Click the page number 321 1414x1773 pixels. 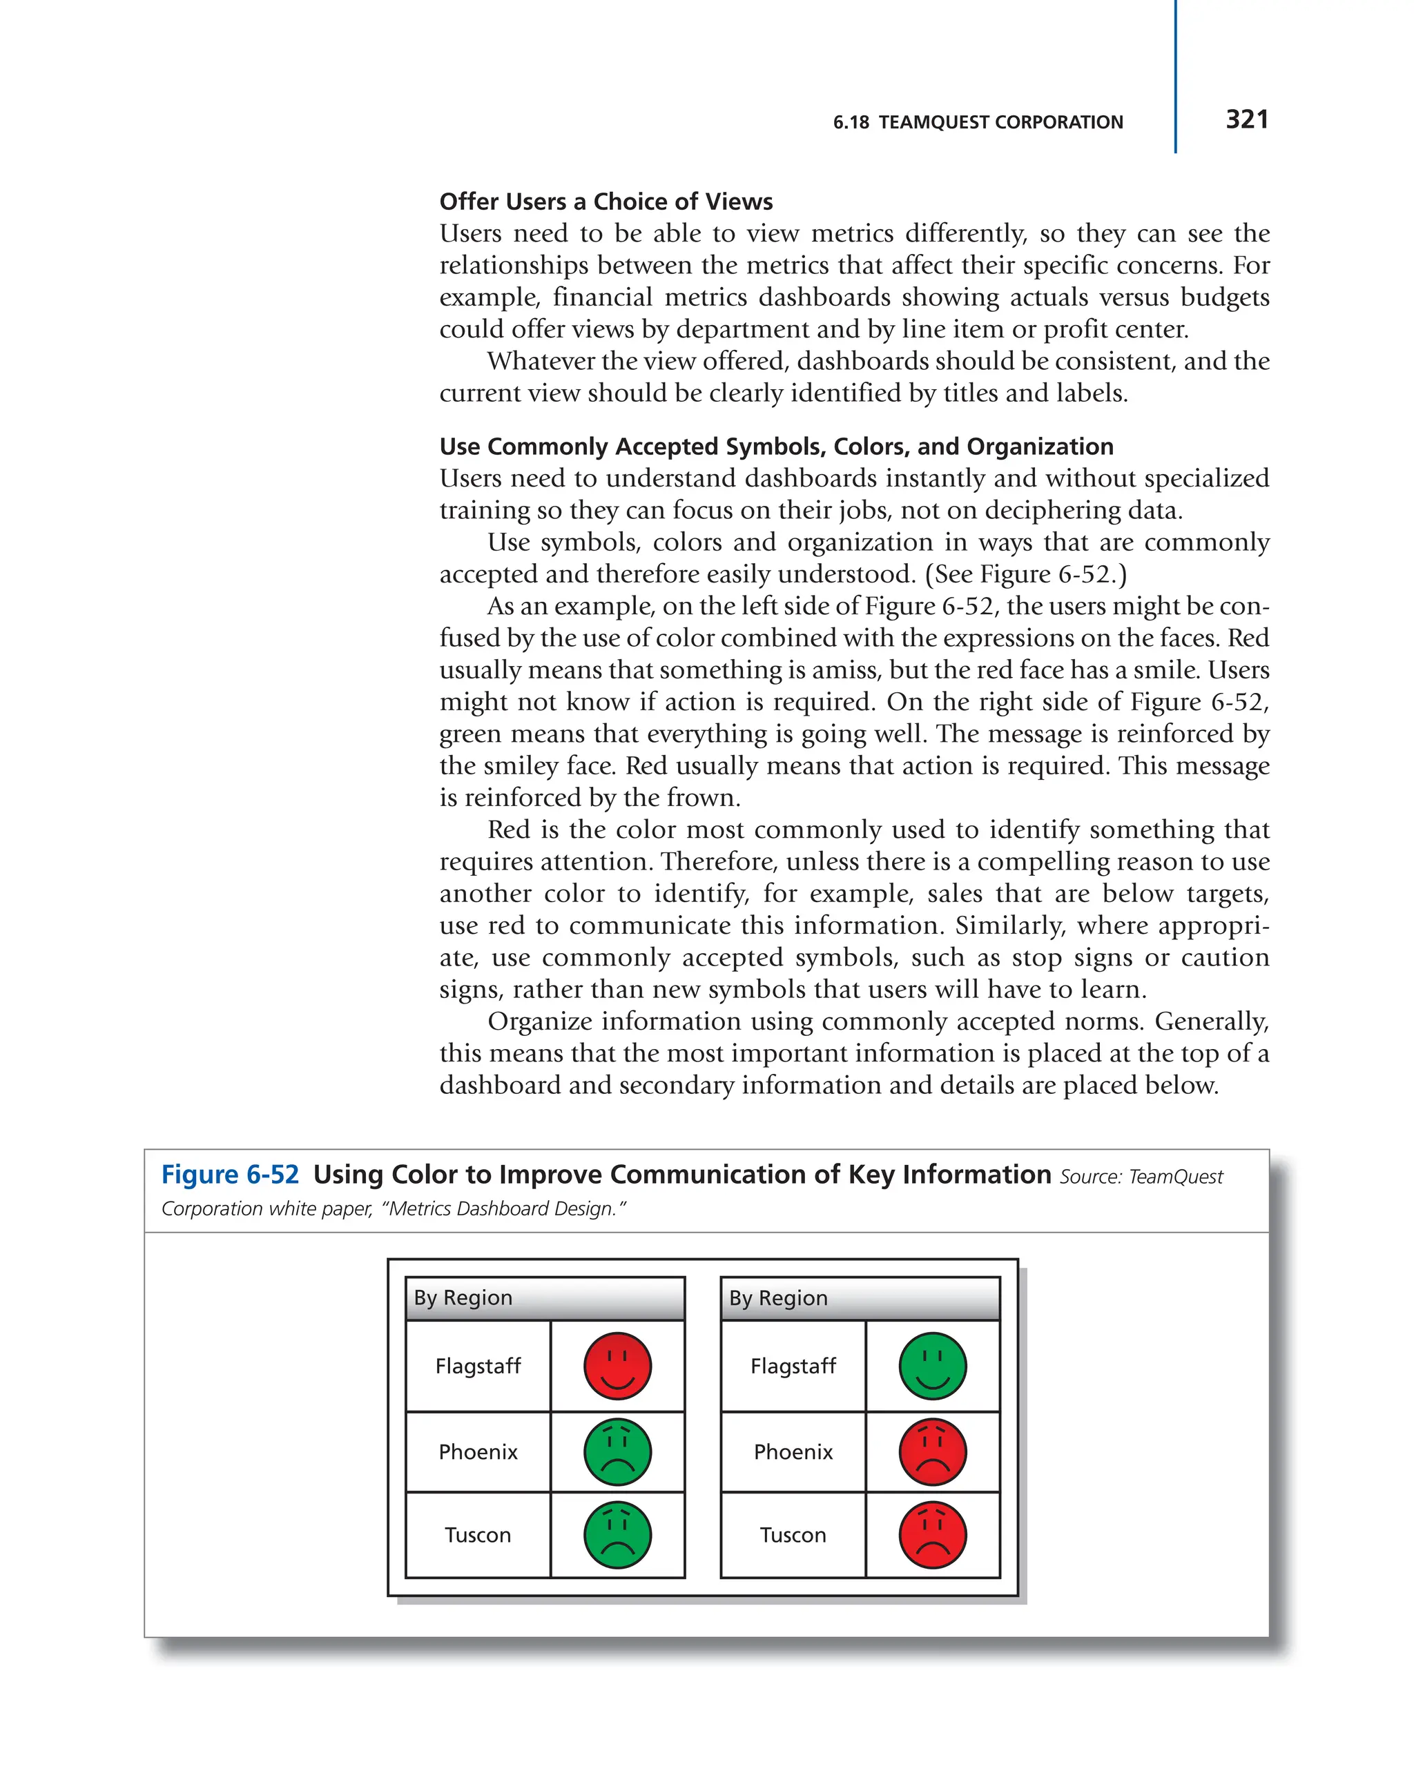point(1246,119)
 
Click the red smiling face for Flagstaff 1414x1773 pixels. point(617,1366)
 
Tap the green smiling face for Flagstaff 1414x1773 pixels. point(932,1366)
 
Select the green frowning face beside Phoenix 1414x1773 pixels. point(617,1451)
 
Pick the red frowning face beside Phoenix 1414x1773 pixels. point(932,1451)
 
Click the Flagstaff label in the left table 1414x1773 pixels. point(478,1366)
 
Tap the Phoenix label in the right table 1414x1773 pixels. point(793,1451)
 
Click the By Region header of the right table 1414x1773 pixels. point(778,1297)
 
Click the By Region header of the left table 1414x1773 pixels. point(463,1297)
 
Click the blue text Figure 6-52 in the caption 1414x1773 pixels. point(231,1175)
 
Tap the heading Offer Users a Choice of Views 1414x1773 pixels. point(606,202)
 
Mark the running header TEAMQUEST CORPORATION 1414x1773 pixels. point(1000,123)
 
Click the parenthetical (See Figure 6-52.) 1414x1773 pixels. point(1026,574)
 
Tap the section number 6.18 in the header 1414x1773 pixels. point(851,123)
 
